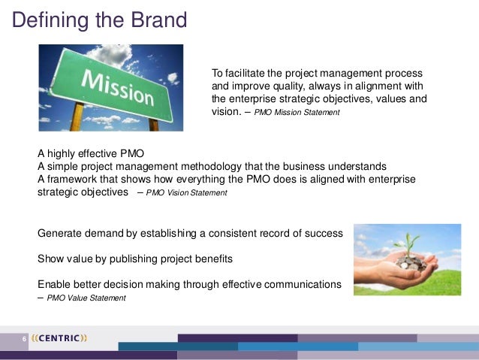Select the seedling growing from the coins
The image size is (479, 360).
click(x=413, y=245)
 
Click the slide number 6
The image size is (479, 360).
click(x=24, y=338)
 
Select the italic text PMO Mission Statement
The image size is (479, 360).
click(x=297, y=113)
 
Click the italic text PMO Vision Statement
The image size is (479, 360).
click(x=186, y=193)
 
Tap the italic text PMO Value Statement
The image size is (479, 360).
click(x=86, y=298)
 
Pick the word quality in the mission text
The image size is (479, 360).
click(x=283, y=86)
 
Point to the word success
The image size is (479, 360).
click(x=323, y=234)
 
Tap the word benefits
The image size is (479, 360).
click(x=212, y=259)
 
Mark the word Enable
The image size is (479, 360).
click(x=55, y=284)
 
